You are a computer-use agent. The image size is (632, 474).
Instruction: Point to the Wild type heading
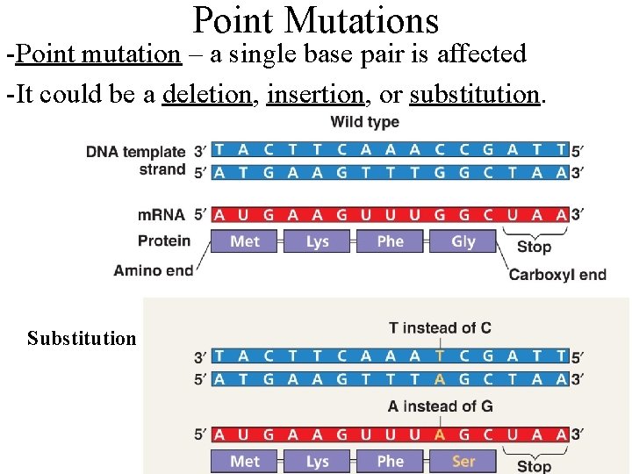(x=364, y=122)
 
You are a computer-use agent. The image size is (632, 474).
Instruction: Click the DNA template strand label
(x=136, y=160)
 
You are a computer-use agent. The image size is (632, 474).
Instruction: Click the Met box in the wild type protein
(x=245, y=241)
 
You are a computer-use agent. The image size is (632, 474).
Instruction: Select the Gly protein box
(x=463, y=241)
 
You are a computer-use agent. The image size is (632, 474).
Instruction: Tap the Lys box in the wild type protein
(x=318, y=241)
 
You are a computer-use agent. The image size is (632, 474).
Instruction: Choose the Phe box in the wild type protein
(x=390, y=241)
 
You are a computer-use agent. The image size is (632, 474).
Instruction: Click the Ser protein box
(x=463, y=462)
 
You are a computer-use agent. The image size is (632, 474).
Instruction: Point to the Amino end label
(x=153, y=270)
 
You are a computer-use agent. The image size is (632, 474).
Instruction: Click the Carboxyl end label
(x=557, y=275)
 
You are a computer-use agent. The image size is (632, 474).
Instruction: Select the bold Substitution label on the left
(x=82, y=339)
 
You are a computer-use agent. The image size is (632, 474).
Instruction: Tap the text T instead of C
(x=440, y=328)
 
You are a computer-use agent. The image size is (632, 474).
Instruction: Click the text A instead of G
(x=440, y=406)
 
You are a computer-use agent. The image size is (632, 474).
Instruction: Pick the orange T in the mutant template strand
(x=440, y=356)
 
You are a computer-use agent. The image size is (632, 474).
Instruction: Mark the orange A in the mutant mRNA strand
(x=440, y=434)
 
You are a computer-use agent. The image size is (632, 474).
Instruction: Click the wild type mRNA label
(x=162, y=214)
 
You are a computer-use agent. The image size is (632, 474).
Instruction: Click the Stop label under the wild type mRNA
(x=534, y=247)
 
